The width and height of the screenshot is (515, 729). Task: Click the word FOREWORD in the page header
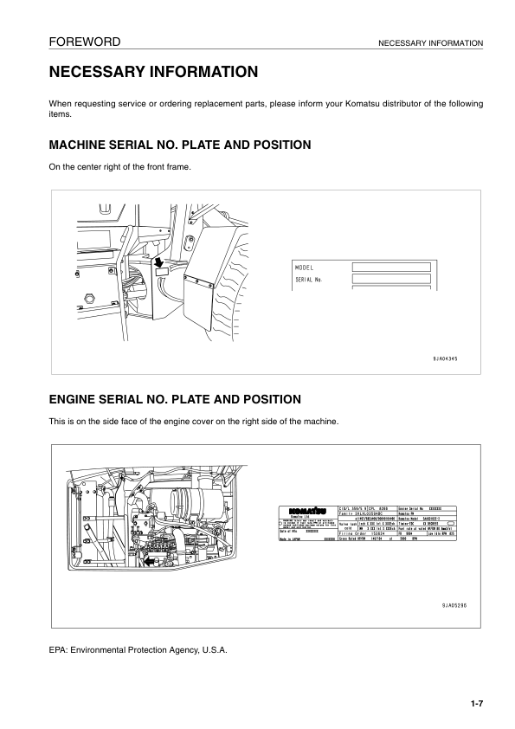(x=84, y=42)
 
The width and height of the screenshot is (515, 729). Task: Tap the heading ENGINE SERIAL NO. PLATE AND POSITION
(x=175, y=399)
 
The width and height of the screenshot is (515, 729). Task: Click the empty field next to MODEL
(x=390, y=268)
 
